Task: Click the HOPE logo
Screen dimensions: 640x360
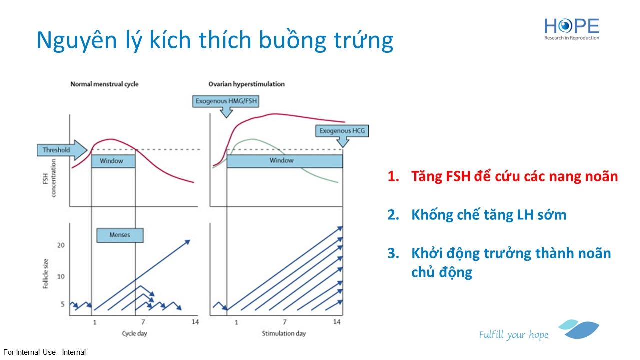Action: pos(571,29)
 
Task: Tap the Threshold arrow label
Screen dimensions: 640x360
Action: pos(62,150)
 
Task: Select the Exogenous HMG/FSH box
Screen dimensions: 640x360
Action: pos(226,101)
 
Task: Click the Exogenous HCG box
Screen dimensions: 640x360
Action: pos(342,131)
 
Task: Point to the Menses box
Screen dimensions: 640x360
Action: pos(120,235)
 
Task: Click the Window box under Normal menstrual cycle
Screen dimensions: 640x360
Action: pos(113,161)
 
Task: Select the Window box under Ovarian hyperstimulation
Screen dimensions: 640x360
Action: pos(285,161)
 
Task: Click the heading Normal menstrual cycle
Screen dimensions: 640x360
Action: pos(104,84)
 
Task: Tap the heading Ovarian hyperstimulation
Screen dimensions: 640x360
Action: pos(246,84)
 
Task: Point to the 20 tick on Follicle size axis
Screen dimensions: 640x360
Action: pos(61,245)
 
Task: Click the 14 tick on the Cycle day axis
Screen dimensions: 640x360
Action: pos(195,322)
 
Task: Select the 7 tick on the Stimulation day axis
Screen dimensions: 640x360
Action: pos(285,322)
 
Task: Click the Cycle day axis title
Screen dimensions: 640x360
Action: pos(134,333)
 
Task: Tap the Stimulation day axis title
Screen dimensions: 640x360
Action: pos(284,333)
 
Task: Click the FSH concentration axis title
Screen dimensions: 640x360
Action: pos(49,178)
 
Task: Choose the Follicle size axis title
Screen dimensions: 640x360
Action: pos(45,274)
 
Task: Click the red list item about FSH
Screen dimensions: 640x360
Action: pos(503,176)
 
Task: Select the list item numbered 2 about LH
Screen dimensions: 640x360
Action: pos(477,215)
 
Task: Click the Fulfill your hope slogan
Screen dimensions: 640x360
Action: pos(514,334)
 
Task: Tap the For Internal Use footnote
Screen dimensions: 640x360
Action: pos(45,352)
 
